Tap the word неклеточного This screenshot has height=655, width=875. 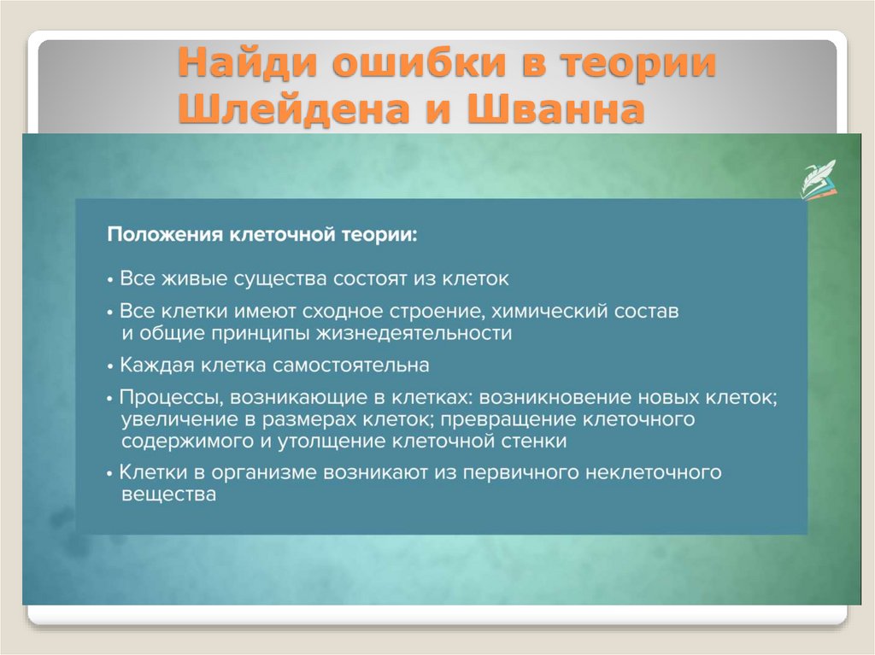[659, 472]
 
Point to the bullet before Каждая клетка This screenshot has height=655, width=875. [111, 366]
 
